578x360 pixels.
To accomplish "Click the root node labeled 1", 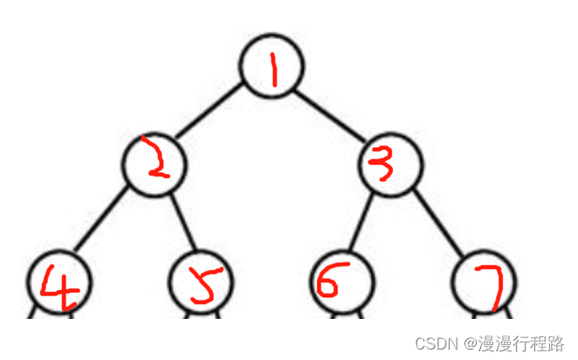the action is click(272, 68).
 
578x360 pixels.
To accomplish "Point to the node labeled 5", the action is click(200, 283).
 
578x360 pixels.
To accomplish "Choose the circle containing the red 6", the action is click(342, 283).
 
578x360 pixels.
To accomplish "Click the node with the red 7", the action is click(484, 283).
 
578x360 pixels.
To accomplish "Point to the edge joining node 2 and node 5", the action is click(180, 224).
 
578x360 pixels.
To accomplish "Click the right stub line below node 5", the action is click(217, 312).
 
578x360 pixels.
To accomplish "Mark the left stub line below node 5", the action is click(186, 312).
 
